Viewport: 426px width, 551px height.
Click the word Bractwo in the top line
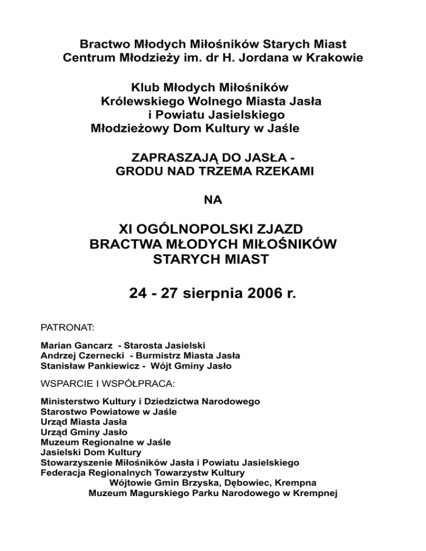point(102,43)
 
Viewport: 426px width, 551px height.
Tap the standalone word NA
point(213,201)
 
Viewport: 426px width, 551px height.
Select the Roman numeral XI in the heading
point(129,229)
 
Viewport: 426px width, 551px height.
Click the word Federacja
point(63,473)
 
